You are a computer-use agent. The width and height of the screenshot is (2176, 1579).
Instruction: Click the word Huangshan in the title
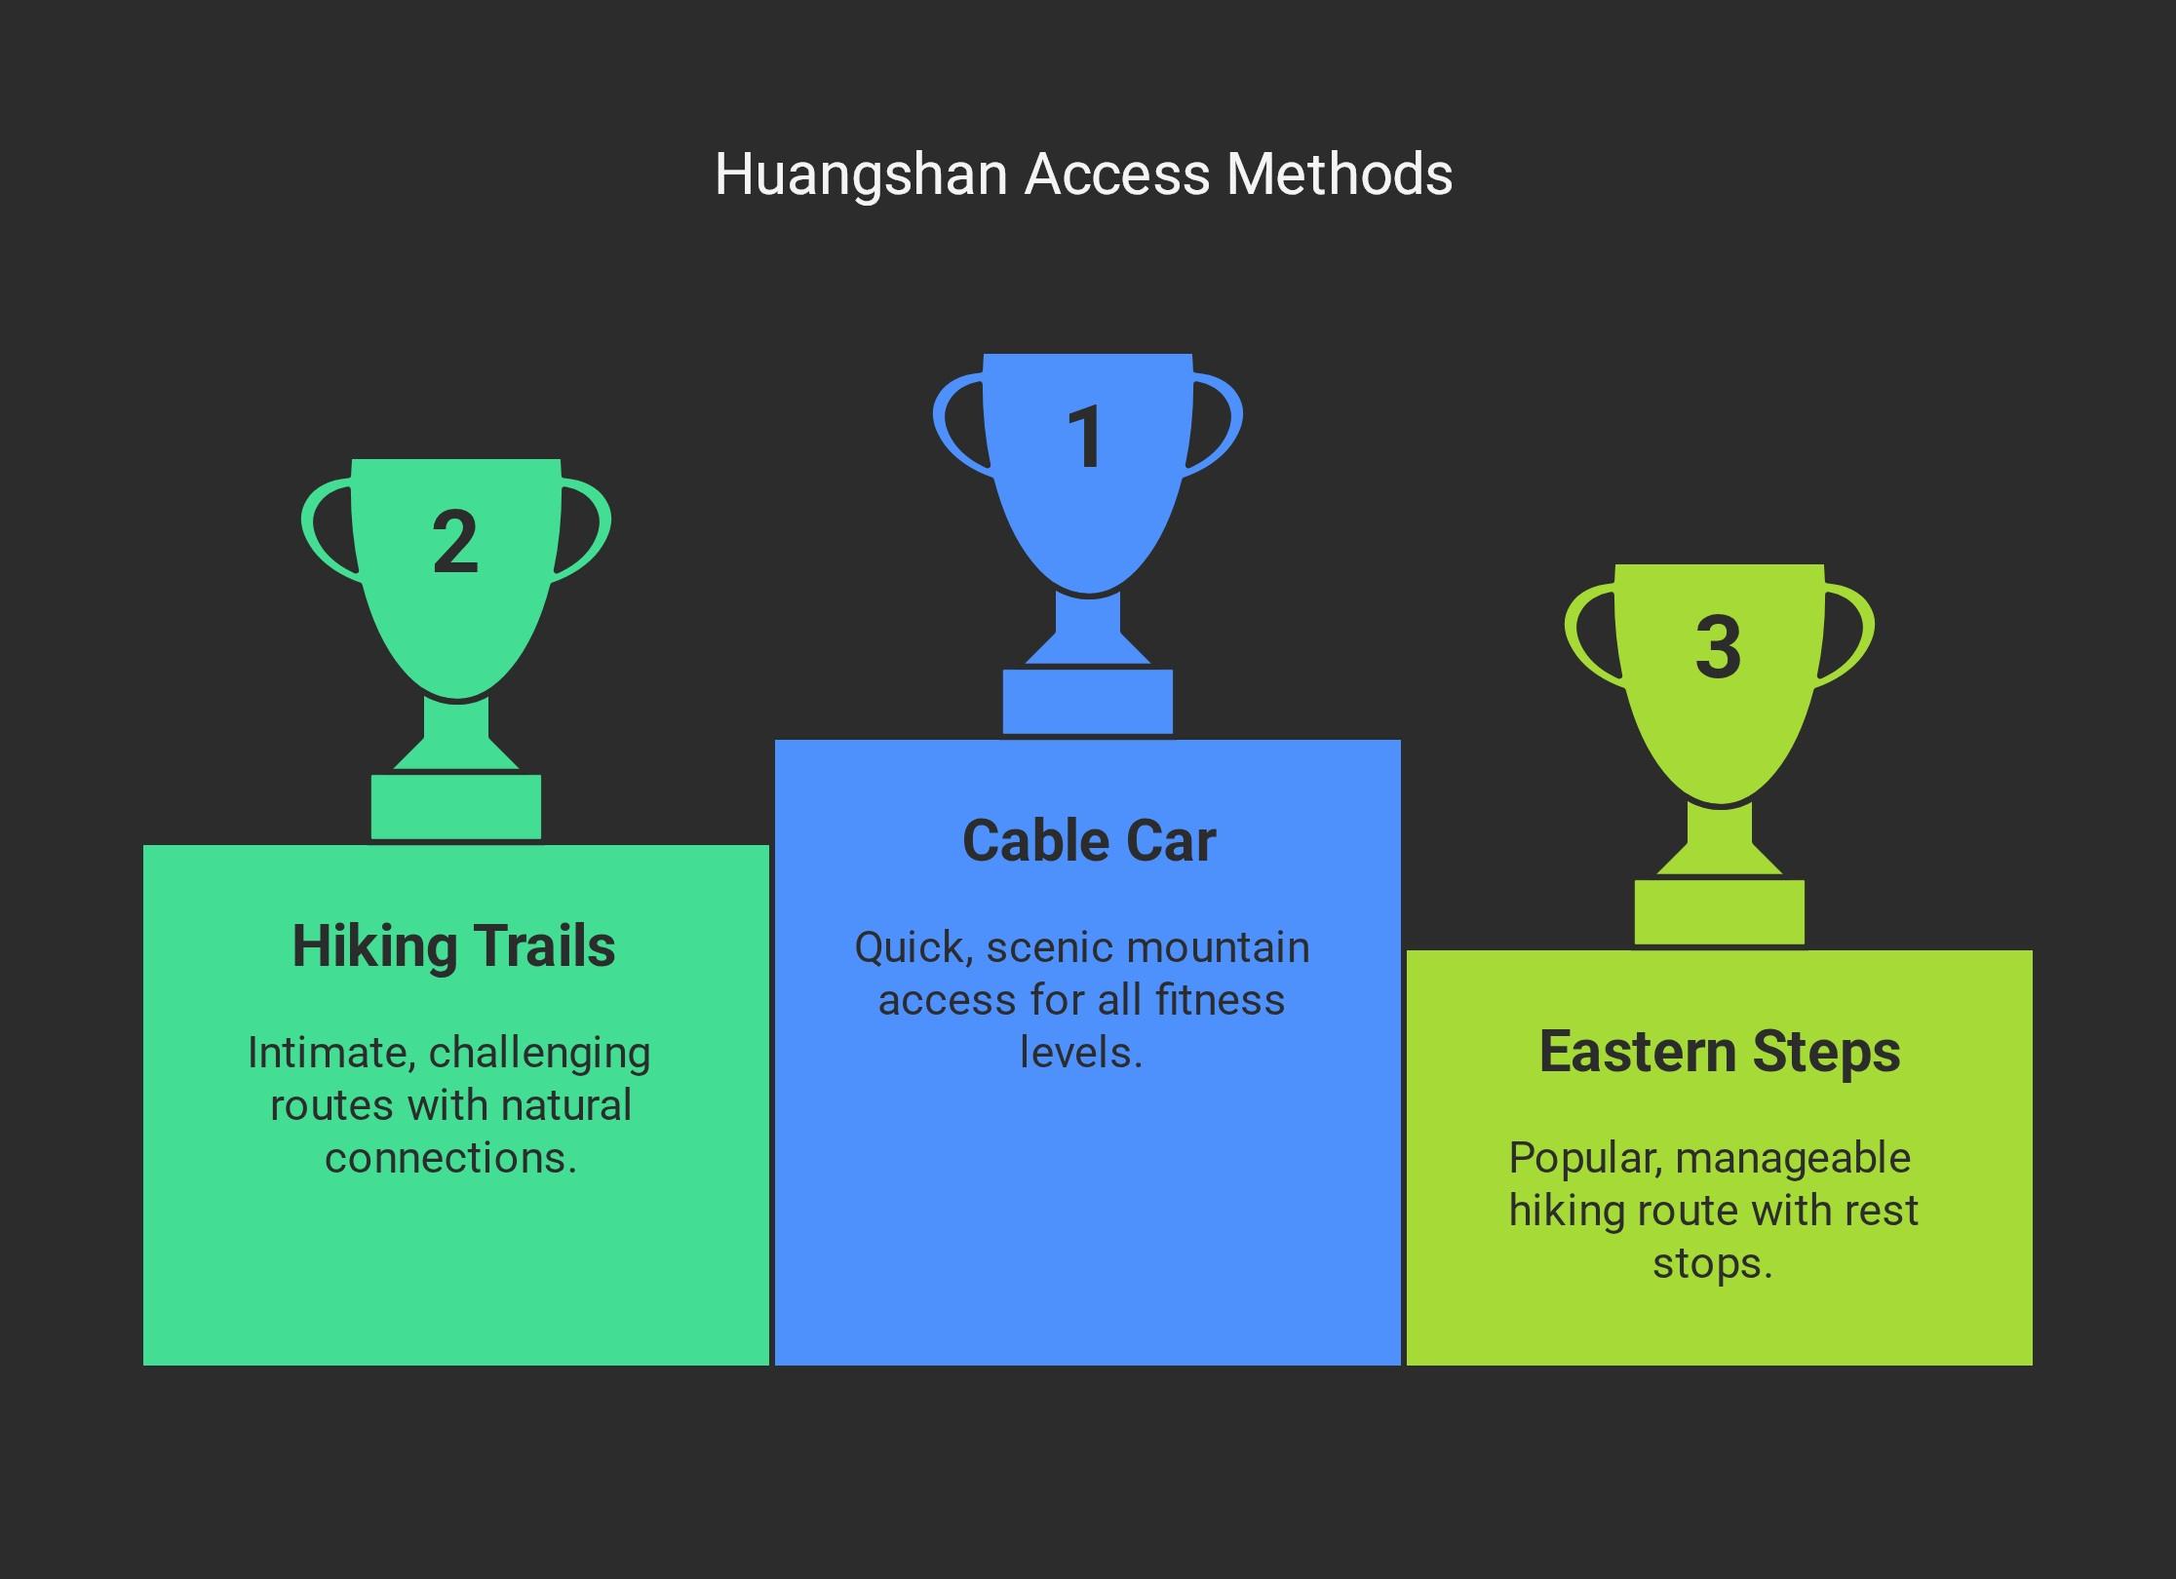[861, 176]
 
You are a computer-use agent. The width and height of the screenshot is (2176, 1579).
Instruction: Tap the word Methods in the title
[1340, 174]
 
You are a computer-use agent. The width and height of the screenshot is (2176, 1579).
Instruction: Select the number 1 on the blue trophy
[1085, 437]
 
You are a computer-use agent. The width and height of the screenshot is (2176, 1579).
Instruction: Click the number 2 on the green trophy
[455, 542]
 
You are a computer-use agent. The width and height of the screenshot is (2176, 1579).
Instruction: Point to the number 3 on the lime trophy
[1718, 647]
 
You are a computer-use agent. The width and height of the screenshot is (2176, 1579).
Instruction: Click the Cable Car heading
[1089, 840]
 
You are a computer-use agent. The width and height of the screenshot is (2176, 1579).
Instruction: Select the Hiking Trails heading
[454, 946]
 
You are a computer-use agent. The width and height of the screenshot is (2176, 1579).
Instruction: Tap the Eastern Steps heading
[1720, 1053]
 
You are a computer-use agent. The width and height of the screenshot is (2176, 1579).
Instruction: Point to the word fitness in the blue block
[1221, 1000]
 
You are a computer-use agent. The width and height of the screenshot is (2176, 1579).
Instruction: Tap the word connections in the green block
[451, 1159]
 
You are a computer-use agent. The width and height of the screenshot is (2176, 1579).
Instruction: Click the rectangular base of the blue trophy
[1088, 702]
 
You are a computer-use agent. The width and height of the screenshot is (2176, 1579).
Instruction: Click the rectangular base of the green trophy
[456, 807]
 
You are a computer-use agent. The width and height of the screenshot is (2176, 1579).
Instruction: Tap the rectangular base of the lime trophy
[1720, 912]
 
